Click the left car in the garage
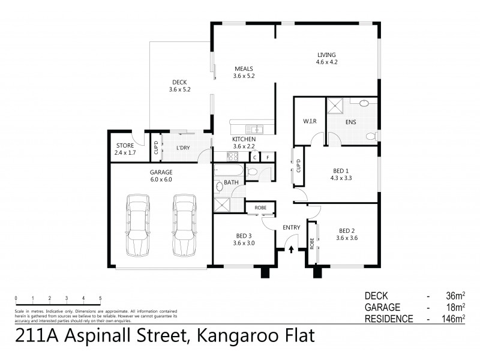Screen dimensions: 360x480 136,225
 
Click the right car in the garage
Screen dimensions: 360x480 183,225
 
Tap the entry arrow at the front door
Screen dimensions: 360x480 292,247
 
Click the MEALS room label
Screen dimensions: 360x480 244,69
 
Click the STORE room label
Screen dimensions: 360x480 125,145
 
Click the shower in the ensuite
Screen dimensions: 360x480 337,106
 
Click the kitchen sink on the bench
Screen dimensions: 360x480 256,128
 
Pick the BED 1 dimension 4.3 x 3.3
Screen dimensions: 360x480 343,178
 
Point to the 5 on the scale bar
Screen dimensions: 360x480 100,298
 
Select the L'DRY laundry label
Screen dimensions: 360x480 183,147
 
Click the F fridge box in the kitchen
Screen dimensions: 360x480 268,157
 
